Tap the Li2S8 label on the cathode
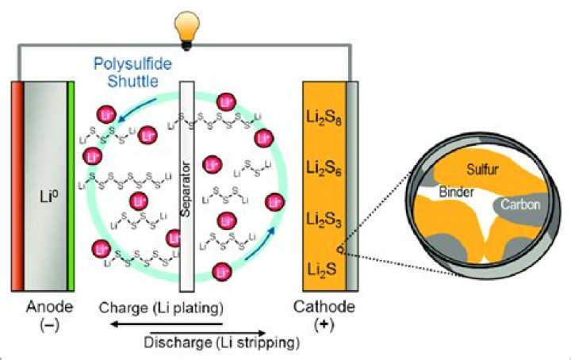pos(324,121)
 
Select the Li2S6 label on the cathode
pos(324,167)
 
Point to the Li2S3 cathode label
pos(324,216)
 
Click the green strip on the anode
pos(72,186)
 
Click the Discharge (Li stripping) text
pos(223,343)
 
